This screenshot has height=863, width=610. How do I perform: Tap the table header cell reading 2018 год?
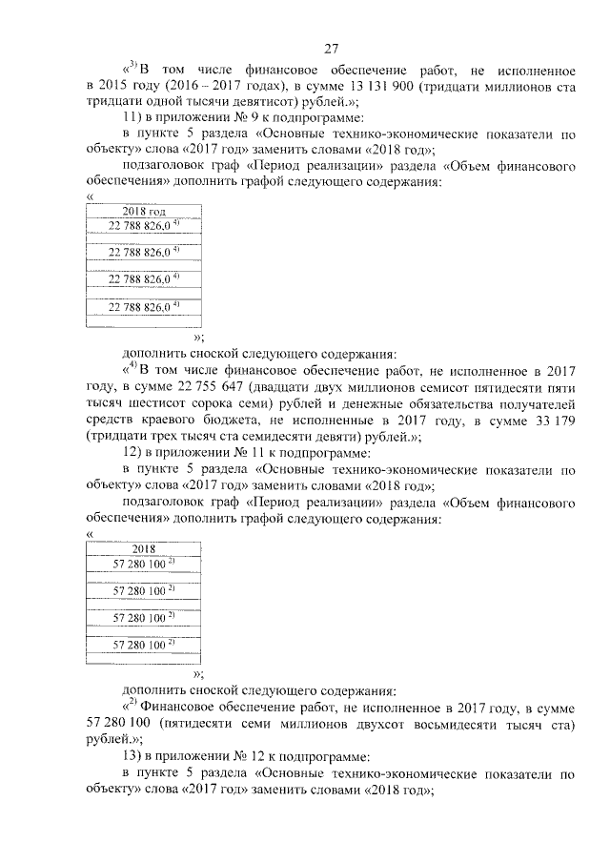point(143,210)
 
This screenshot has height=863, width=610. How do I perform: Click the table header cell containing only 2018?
point(143,550)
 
